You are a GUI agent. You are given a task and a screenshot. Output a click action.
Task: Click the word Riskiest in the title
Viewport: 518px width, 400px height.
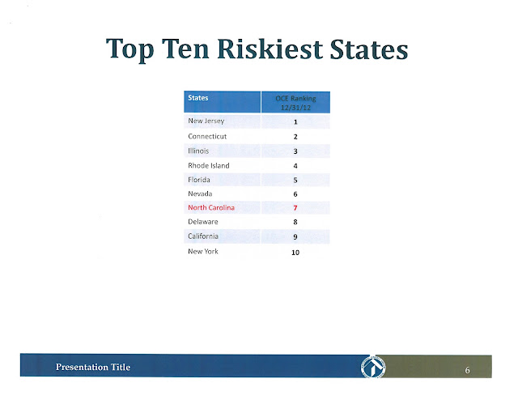tap(270, 49)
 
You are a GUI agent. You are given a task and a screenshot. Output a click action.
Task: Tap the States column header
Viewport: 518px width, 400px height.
tap(197, 98)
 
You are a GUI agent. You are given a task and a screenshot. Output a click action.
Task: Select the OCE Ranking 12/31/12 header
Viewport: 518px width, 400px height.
tap(295, 103)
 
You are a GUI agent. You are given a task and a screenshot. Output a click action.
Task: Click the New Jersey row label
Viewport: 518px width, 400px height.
tap(206, 121)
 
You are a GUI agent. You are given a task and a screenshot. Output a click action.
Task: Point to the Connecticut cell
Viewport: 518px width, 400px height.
tap(207, 136)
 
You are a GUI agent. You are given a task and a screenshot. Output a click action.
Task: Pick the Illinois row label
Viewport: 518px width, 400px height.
tap(198, 151)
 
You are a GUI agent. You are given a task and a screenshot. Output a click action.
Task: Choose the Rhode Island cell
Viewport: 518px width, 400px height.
tap(209, 165)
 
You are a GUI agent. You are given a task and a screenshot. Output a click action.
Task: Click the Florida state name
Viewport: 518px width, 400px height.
tap(199, 180)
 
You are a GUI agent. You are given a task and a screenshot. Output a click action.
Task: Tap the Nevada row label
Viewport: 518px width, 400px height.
tap(200, 194)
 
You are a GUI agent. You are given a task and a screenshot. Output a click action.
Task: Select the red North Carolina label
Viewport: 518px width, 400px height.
tap(211, 207)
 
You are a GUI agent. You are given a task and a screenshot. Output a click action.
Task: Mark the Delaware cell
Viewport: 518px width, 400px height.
tap(203, 222)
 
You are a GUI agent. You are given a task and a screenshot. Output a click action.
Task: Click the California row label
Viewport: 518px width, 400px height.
tap(203, 236)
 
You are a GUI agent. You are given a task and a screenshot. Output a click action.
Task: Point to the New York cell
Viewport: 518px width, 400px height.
tap(203, 251)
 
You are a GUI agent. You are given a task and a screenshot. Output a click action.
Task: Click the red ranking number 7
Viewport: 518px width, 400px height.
tap(295, 208)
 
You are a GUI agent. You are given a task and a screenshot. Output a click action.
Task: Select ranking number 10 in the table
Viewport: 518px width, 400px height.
tap(295, 253)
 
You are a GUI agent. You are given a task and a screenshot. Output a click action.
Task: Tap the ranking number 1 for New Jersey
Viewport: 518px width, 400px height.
tap(295, 122)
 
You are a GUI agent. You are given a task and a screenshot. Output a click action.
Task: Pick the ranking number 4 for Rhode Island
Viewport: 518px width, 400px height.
tap(295, 166)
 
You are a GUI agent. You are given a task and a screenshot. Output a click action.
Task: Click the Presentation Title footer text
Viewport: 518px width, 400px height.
tap(93, 367)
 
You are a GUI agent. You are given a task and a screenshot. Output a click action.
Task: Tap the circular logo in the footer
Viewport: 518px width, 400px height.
tap(373, 367)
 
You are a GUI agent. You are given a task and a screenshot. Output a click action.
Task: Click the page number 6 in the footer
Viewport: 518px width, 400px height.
tap(467, 370)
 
